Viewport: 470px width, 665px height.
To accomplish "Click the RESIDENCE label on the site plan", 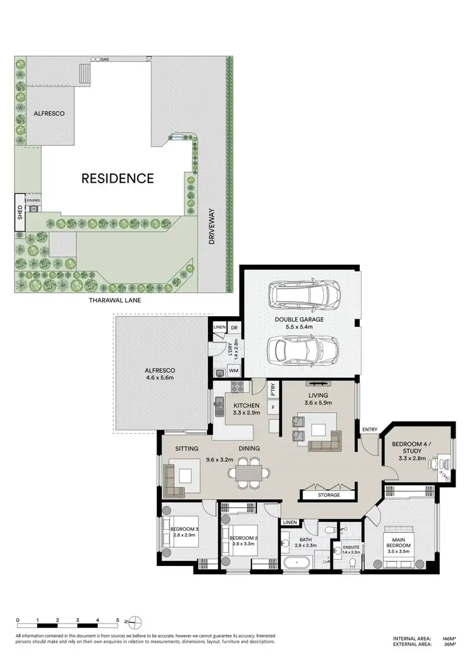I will (118, 178).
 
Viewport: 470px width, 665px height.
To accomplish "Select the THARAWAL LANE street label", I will (116, 301).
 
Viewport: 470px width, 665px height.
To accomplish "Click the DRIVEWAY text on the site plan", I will (212, 226).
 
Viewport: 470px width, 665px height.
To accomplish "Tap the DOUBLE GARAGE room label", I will (299, 319).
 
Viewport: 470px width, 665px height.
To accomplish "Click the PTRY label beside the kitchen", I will (273, 390).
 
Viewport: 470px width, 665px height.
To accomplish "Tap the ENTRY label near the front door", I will (370, 429).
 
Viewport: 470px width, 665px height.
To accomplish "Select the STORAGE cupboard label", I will (328, 495).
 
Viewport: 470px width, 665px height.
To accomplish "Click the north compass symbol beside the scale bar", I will (134, 622).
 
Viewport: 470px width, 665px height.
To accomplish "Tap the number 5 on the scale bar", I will (117, 620).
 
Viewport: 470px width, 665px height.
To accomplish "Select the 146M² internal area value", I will (449, 639).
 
